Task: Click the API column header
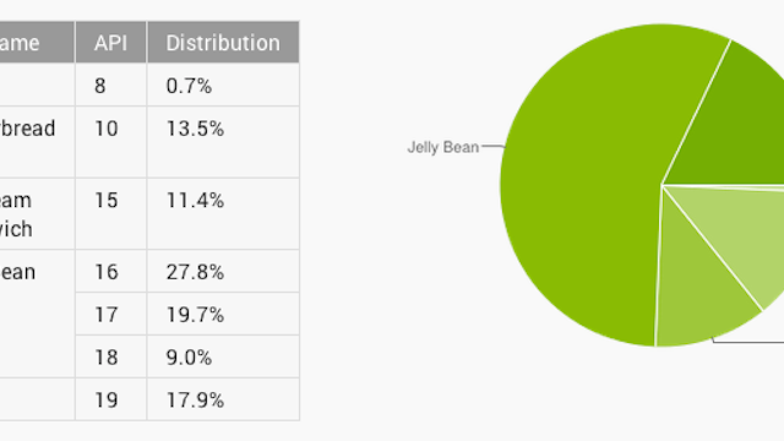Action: click(x=110, y=43)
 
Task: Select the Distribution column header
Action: click(x=223, y=43)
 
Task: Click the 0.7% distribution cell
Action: click(x=189, y=86)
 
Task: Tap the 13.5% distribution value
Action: click(x=195, y=129)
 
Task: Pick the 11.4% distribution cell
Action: click(x=195, y=201)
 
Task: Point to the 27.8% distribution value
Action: click(x=195, y=272)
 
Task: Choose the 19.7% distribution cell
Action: click(x=195, y=315)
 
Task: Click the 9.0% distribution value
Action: click(x=189, y=357)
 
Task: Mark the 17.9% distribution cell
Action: click(x=195, y=400)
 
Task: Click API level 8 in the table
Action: click(x=100, y=86)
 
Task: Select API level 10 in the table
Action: click(x=106, y=129)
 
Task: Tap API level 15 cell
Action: click(x=106, y=201)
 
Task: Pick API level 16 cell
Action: click(x=106, y=272)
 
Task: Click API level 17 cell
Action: click(x=106, y=315)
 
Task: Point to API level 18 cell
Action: click(x=106, y=357)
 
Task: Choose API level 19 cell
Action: click(x=106, y=400)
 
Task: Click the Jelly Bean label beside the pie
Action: click(x=443, y=148)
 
